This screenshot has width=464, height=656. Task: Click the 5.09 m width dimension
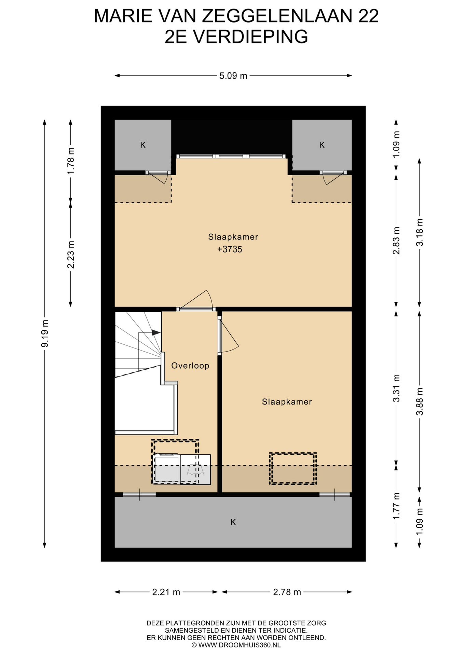[x=233, y=76]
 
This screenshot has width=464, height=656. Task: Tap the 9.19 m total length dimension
[x=44, y=333]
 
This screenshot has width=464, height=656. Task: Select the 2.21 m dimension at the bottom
[x=166, y=592]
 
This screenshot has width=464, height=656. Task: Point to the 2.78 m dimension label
[x=287, y=592]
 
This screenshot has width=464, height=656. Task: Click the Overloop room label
[x=190, y=366]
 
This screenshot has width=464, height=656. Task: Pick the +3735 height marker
[x=230, y=249]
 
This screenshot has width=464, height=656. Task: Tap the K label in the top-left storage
[x=143, y=145]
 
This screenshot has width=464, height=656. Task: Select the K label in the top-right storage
[x=322, y=145]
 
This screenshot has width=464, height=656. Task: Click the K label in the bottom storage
[x=233, y=522]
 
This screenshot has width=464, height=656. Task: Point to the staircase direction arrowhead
[x=156, y=332]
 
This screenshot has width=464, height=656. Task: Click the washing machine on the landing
[x=167, y=469]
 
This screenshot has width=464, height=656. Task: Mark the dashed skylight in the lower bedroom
[x=293, y=468]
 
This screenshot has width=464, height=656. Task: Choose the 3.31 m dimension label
[x=396, y=388]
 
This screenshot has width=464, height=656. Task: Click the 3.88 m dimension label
[x=420, y=401]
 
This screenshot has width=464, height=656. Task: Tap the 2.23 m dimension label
[x=71, y=255]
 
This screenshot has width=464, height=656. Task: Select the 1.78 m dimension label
[x=71, y=161]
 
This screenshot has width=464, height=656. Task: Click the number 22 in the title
[x=368, y=16]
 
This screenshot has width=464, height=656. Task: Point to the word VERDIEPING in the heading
[x=251, y=37]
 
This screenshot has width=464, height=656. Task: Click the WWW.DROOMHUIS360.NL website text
[x=239, y=645]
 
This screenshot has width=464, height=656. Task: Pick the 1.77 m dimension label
[x=396, y=506]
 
